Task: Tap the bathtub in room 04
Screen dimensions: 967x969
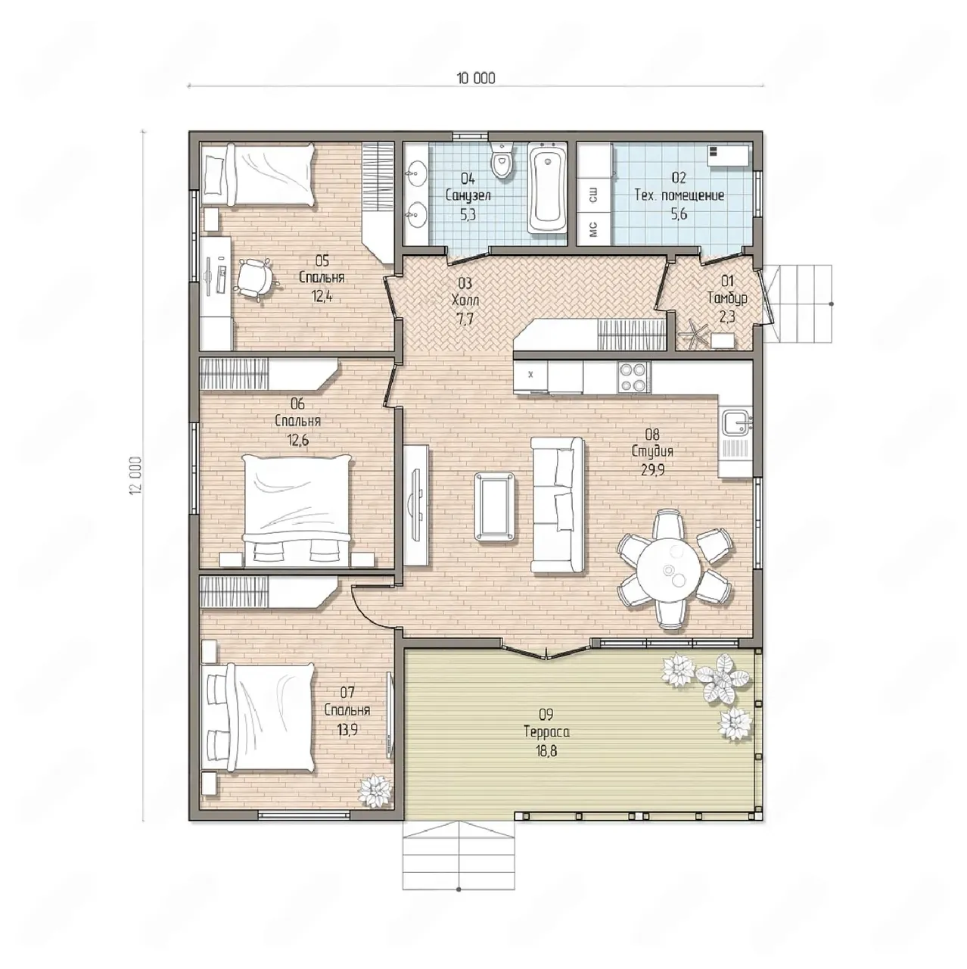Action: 547,189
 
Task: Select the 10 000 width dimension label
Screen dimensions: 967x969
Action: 476,78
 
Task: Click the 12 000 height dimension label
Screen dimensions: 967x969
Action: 136,475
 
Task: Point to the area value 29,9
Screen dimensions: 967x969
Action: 652,469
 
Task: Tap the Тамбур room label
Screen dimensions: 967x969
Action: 727,298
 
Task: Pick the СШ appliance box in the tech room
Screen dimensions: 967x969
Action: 593,195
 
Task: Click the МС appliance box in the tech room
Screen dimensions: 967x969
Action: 593,229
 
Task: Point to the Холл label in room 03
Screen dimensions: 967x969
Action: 465,301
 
